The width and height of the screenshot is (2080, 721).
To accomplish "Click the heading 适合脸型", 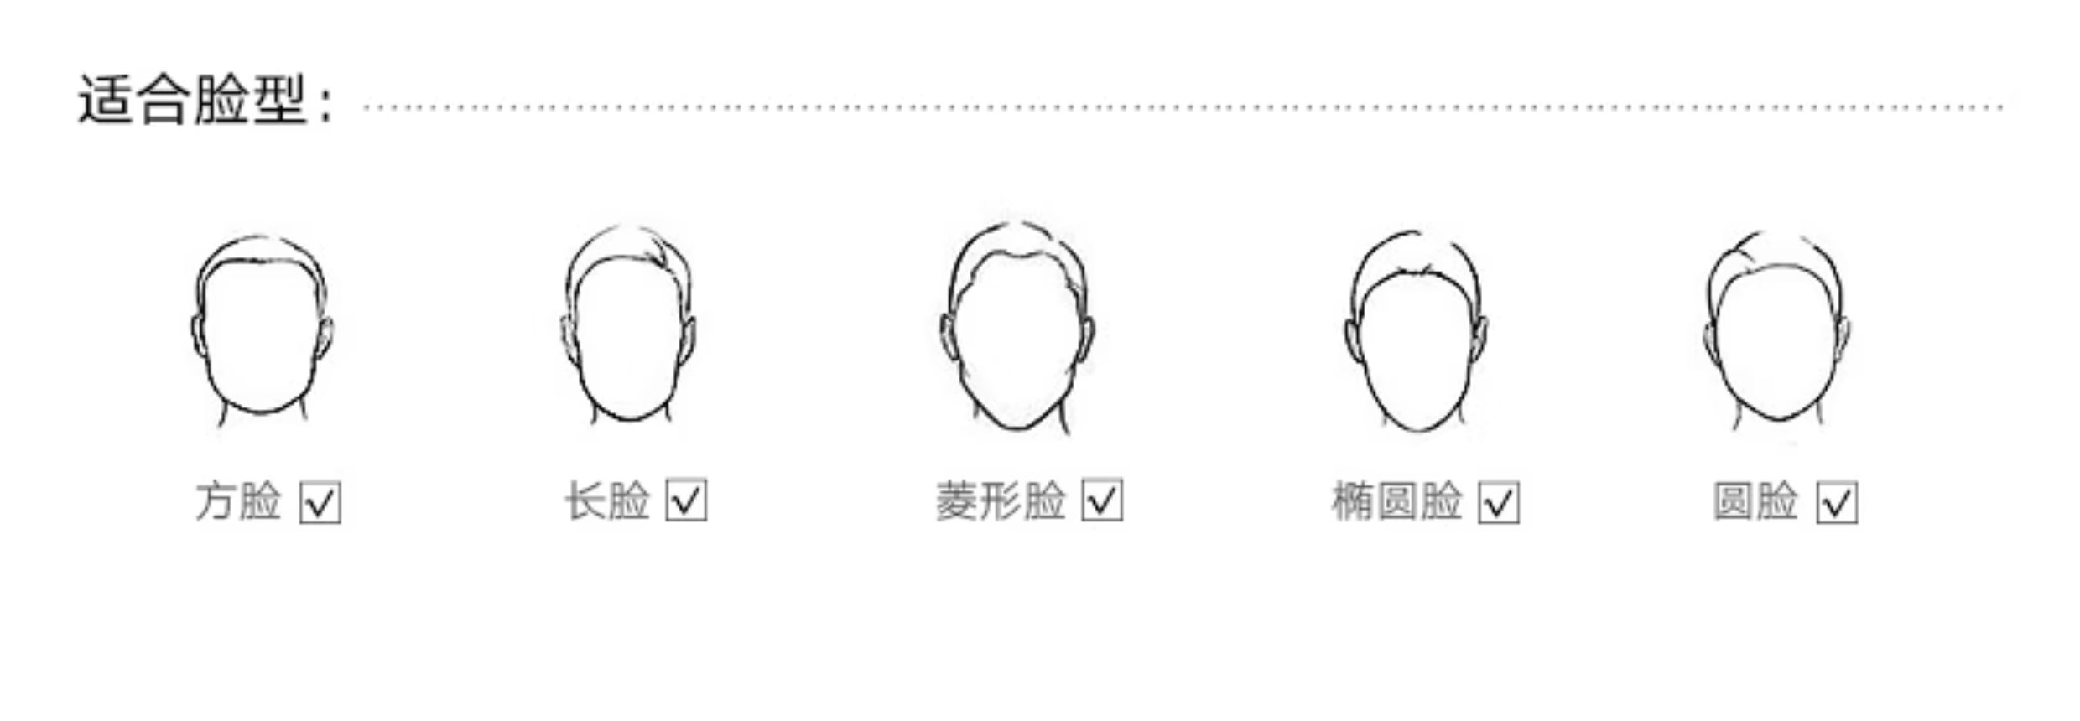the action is point(191,101).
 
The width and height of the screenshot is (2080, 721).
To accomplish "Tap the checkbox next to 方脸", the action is point(320,502).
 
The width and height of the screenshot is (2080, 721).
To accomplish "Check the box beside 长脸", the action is point(686,501).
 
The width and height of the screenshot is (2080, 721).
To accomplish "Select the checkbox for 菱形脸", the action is point(1102,501).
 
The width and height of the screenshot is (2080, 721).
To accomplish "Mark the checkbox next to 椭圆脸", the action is point(1499,502).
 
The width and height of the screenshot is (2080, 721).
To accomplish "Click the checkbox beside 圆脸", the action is point(1838,502).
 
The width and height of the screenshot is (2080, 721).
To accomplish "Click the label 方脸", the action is point(238,501).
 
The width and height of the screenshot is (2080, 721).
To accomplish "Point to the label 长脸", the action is point(607,501).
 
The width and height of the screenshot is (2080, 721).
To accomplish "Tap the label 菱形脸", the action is point(1001,501).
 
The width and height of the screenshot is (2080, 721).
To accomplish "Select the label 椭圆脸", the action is point(1397,501).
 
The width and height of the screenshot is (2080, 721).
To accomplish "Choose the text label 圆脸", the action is point(1755,501).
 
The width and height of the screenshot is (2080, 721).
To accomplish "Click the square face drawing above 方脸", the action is point(262,332).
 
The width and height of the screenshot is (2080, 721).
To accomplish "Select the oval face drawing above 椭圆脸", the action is point(1416,332).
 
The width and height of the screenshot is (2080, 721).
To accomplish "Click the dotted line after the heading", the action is point(1184,107).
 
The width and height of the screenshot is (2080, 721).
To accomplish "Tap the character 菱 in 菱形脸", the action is point(957,501).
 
